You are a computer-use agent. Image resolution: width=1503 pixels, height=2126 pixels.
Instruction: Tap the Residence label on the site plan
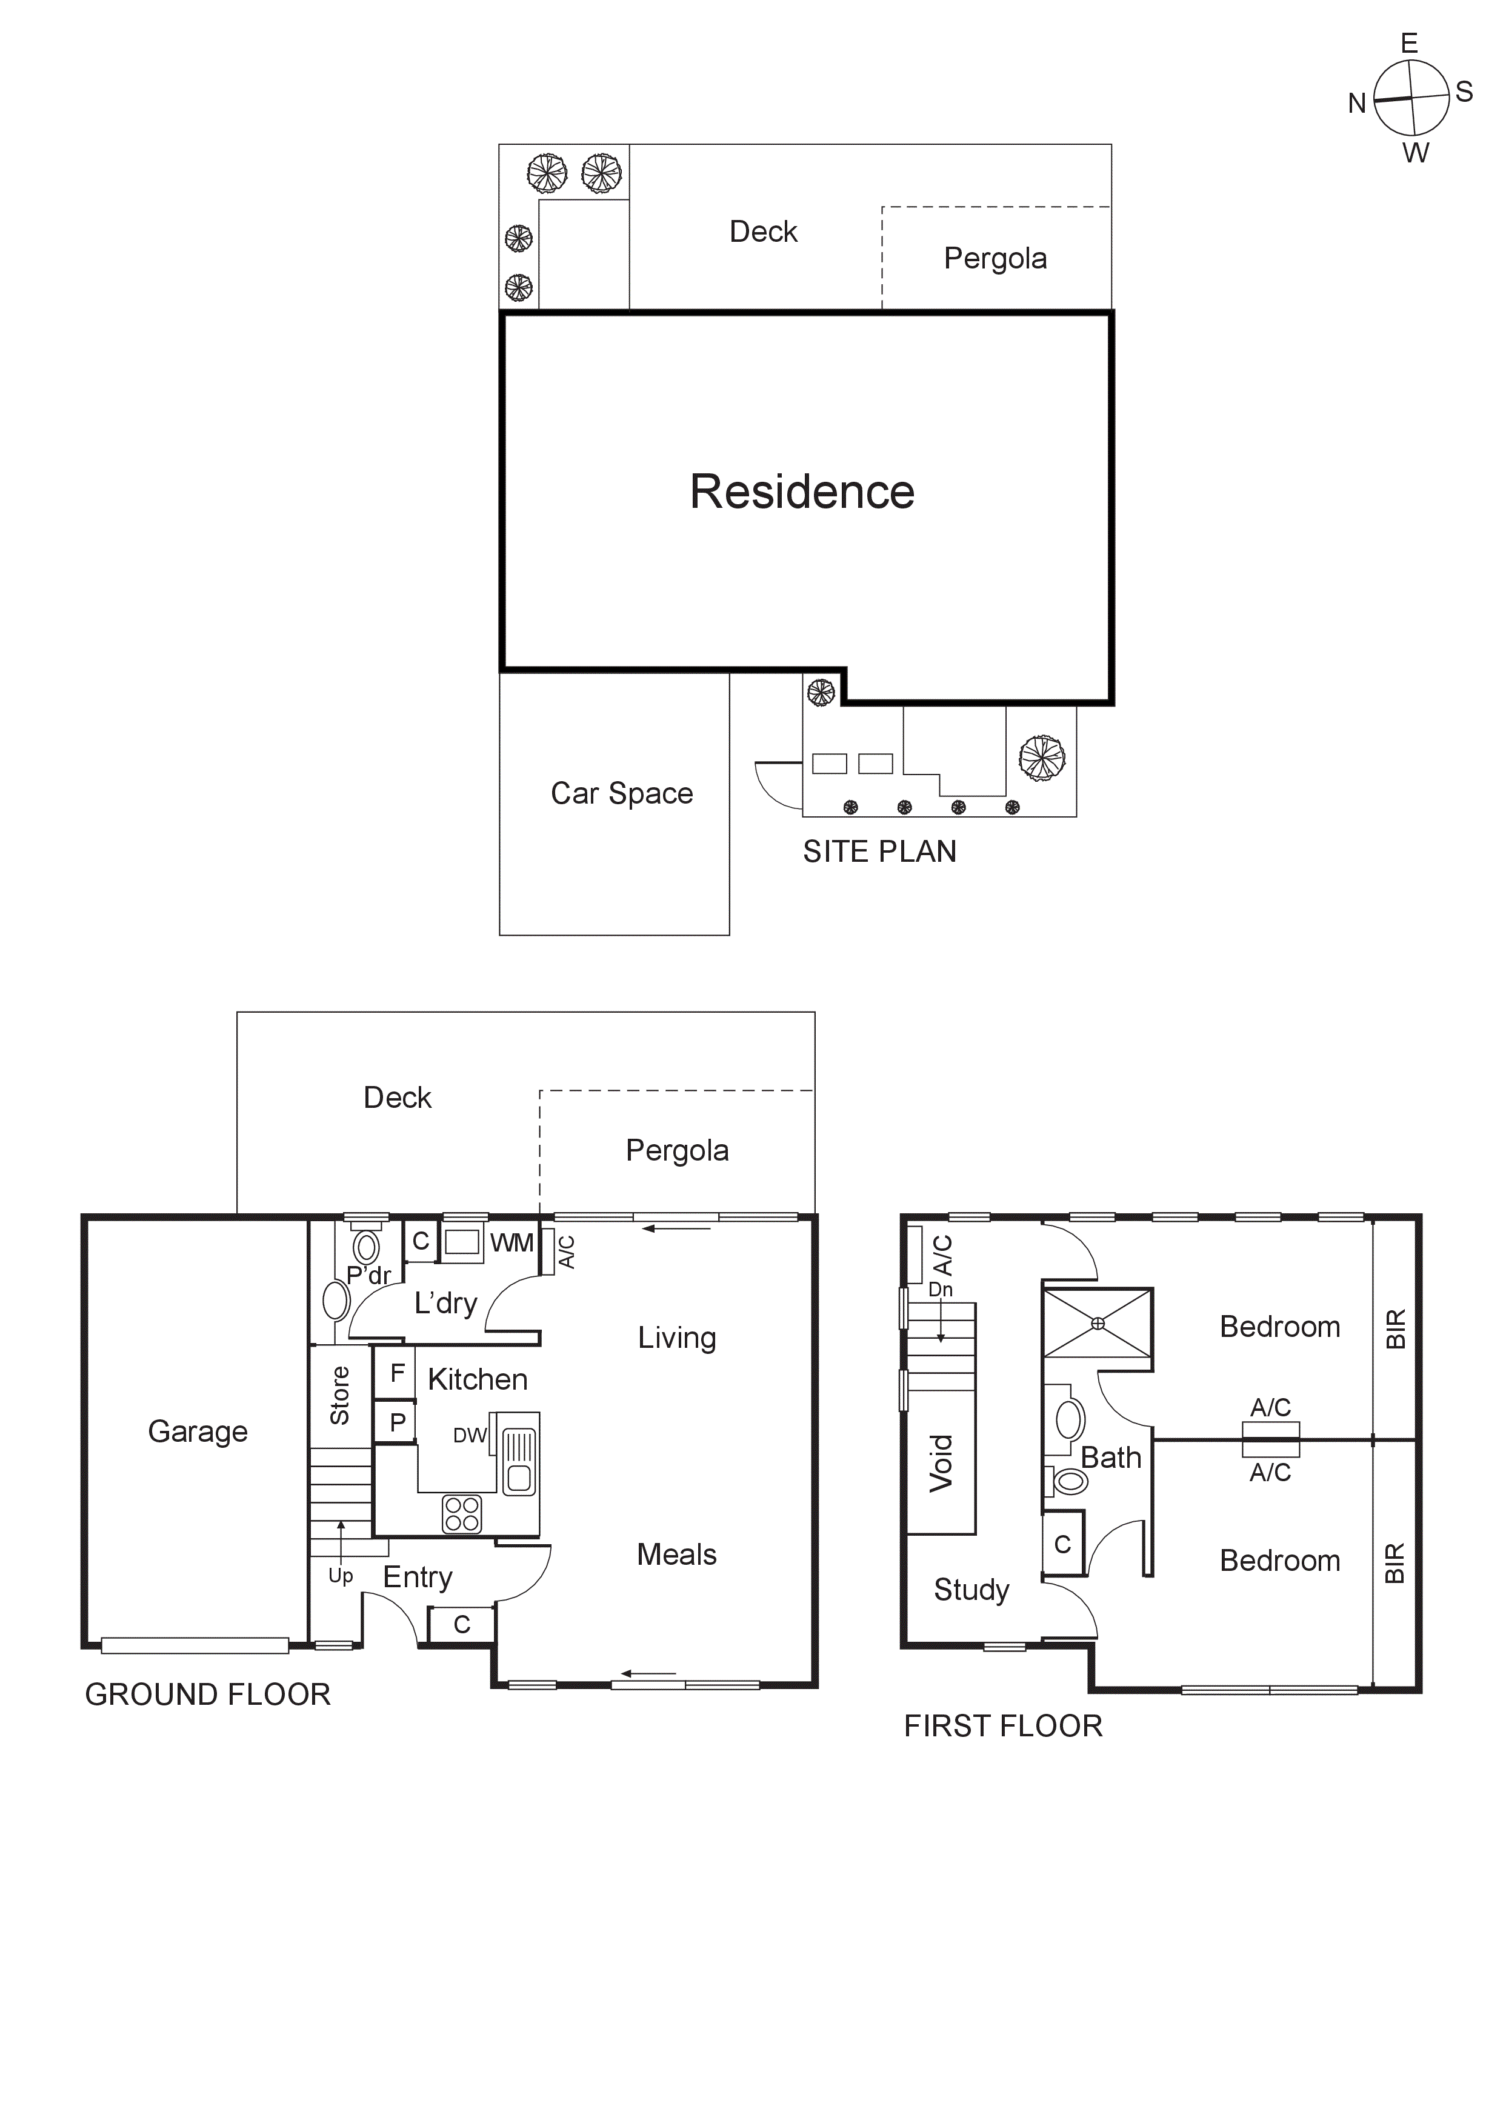(x=802, y=492)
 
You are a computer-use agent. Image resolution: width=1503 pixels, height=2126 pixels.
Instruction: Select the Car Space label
(x=621, y=793)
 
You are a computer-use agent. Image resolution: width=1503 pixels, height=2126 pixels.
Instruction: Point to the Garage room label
(x=197, y=1431)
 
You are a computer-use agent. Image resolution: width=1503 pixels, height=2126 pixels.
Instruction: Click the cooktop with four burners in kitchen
(x=462, y=1514)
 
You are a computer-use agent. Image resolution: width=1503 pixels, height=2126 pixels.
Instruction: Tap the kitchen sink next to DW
(x=519, y=1455)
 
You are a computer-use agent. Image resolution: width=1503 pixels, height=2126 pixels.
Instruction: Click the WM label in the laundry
(x=511, y=1242)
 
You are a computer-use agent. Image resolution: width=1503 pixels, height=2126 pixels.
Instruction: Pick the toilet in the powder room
(x=367, y=1247)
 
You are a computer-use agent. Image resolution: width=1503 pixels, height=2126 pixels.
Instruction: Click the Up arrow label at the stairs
(x=341, y=1575)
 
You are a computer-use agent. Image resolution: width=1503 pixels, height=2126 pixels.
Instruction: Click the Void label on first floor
(x=941, y=1462)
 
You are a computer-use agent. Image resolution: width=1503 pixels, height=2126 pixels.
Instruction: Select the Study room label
(x=970, y=1590)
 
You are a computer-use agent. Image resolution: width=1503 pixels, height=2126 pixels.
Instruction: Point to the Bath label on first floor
(x=1110, y=1458)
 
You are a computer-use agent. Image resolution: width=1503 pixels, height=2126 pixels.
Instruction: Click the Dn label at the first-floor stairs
(x=940, y=1289)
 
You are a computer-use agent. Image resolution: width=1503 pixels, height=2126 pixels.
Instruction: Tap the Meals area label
(x=676, y=1555)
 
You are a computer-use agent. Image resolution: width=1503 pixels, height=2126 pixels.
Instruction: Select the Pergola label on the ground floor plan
(x=677, y=1150)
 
